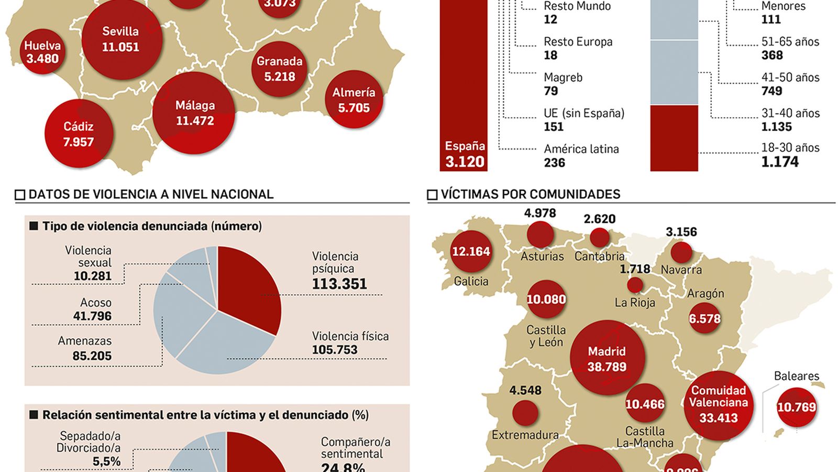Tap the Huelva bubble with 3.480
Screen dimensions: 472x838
42,52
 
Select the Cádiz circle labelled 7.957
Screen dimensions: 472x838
79,134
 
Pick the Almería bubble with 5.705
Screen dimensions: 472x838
354,100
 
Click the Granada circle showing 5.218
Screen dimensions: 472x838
280,69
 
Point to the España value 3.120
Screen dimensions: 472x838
465,162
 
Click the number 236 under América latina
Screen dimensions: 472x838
554,163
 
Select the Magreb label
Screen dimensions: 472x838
563,78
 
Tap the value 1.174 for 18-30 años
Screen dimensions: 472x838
780,162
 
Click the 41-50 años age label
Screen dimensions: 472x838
790,78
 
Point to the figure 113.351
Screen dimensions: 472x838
339,284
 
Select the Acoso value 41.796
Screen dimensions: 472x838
92,316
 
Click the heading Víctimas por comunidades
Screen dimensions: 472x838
530,195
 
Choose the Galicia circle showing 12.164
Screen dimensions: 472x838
471,251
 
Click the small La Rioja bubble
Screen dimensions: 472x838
635,285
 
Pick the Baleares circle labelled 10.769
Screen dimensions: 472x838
796,407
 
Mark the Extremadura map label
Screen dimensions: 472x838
525,435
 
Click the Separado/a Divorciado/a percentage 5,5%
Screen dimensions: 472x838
106,462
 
